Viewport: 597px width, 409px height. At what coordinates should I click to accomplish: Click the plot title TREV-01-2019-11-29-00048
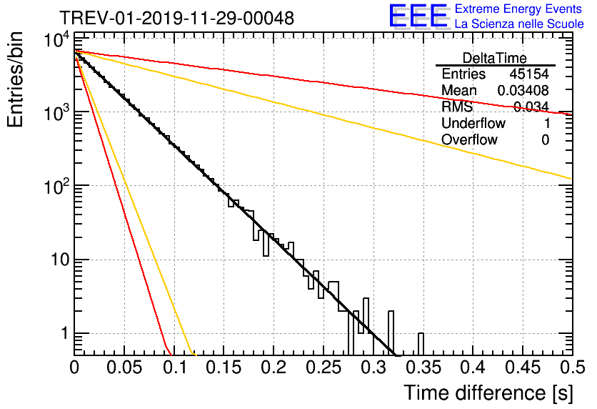click(177, 19)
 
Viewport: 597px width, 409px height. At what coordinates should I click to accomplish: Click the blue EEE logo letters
click(418, 16)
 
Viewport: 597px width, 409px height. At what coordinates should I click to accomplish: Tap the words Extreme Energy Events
click(518, 9)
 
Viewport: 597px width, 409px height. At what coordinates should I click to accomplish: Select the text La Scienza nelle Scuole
click(519, 24)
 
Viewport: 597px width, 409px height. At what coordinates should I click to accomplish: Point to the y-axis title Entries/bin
click(15, 79)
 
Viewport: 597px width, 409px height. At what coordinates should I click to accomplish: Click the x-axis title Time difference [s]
click(488, 393)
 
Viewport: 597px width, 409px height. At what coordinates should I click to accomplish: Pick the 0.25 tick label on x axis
click(323, 368)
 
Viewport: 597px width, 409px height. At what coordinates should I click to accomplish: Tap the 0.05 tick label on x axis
click(124, 368)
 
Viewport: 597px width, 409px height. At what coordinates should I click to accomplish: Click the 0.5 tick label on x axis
click(573, 368)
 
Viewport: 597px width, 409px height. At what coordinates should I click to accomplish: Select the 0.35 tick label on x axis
click(423, 368)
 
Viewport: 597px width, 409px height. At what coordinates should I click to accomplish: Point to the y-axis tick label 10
click(60, 260)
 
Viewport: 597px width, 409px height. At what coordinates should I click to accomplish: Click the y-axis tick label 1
click(64, 333)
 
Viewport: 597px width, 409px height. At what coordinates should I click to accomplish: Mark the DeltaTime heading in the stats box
click(495, 58)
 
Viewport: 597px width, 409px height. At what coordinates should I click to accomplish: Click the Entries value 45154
click(529, 74)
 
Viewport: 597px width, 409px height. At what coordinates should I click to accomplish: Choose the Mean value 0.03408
click(523, 90)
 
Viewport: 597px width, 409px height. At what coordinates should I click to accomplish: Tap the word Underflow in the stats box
click(473, 123)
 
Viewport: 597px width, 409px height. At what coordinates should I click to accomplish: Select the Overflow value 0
click(545, 140)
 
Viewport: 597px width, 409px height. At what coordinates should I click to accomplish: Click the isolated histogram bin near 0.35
click(421, 344)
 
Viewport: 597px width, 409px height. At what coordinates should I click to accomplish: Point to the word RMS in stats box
click(457, 107)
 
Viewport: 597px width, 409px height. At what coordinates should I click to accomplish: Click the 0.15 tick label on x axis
click(224, 368)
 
